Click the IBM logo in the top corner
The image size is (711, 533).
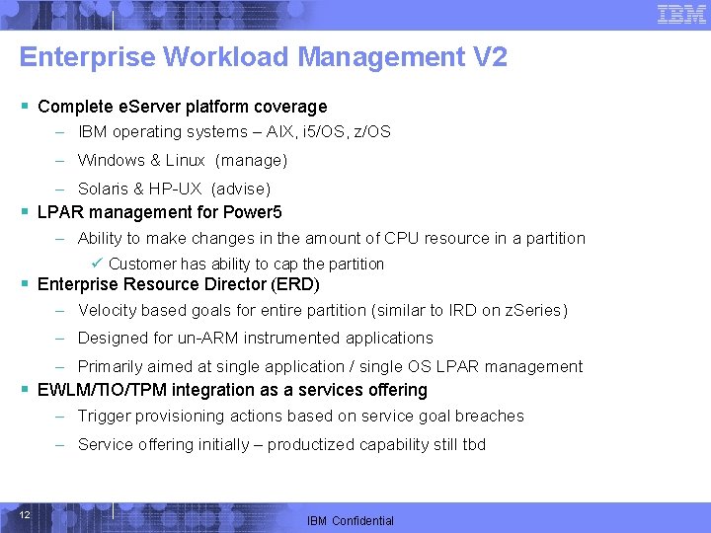pos(681,14)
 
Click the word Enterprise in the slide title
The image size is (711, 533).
pos(87,57)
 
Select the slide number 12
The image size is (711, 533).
pos(25,515)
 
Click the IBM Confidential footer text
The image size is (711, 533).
pos(351,521)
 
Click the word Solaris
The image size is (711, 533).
pos(104,189)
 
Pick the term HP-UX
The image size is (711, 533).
pos(178,189)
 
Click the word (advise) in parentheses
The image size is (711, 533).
pos(241,189)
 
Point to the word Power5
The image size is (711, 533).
pos(255,211)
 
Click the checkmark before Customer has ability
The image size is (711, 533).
pos(96,264)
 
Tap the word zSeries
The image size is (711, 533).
pos(534,311)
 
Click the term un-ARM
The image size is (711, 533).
pos(208,339)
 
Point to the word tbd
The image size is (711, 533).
pos(474,445)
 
